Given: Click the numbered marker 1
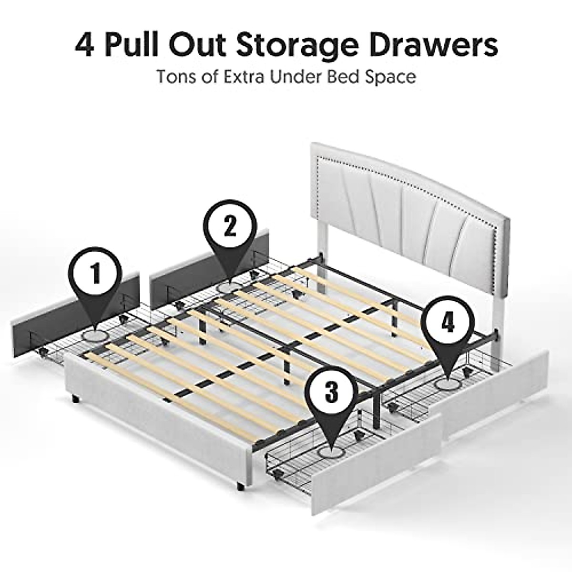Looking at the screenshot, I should tap(97, 273).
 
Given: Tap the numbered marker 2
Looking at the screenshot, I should tap(230, 227).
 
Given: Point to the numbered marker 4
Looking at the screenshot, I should tap(447, 324).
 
